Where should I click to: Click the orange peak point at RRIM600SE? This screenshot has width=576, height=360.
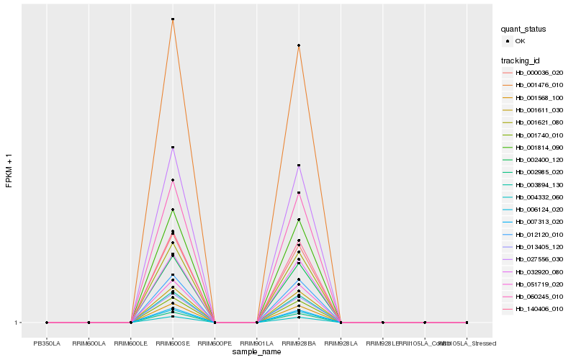pos(173,19)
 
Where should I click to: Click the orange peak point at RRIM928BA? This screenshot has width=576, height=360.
pos(299,46)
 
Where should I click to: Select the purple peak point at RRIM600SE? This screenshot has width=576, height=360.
pos(173,148)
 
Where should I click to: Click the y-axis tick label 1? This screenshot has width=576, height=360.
pos(17,323)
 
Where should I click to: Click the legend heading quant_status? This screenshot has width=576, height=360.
pos(523,29)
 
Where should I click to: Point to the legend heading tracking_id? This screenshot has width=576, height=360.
pos(521,60)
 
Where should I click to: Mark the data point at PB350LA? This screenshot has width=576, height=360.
pos(47,323)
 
